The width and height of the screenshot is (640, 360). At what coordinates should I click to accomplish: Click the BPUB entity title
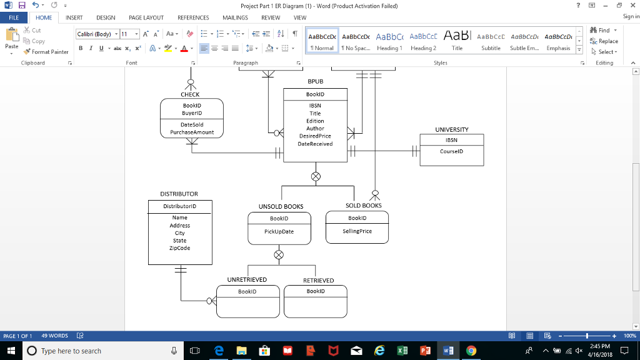tap(315, 82)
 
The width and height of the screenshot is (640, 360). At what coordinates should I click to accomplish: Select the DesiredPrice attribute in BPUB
tap(315, 136)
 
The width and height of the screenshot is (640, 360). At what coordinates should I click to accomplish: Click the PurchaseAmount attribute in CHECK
tap(192, 132)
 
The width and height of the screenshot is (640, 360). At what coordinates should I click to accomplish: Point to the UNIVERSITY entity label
tap(451, 129)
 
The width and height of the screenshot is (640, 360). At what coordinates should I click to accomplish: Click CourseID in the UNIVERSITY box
tap(451, 151)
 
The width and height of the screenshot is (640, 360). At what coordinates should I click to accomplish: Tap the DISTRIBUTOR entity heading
tap(179, 194)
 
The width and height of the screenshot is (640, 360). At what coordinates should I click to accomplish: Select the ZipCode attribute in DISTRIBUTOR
tap(179, 248)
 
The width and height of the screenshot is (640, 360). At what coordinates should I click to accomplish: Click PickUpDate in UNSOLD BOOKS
tap(279, 231)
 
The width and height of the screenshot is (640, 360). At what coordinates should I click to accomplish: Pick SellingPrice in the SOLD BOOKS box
tap(357, 231)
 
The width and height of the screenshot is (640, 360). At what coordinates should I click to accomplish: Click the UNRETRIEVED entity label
tap(247, 280)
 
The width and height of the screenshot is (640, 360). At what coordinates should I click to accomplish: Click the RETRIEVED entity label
tap(318, 281)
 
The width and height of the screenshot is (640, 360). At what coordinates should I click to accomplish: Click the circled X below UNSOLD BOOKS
tap(279, 255)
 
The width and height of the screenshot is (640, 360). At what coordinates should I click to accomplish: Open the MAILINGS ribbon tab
tap(235, 18)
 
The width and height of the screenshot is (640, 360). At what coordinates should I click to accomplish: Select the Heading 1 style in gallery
tap(389, 41)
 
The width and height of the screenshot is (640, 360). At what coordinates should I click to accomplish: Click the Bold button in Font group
tap(80, 48)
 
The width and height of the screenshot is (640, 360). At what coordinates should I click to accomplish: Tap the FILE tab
tap(13, 18)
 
